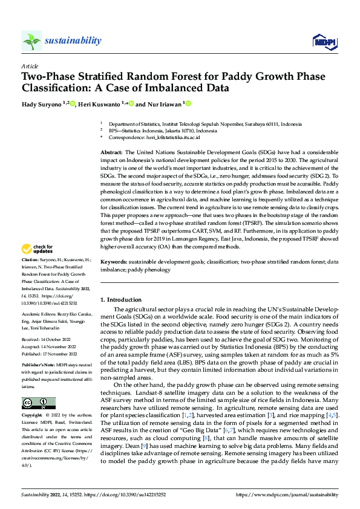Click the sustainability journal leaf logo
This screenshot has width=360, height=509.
[x=31, y=41]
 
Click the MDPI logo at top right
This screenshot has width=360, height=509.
[x=323, y=41]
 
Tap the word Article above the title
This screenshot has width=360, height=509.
[x=29, y=66]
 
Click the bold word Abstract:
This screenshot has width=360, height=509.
[x=111, y=152]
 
